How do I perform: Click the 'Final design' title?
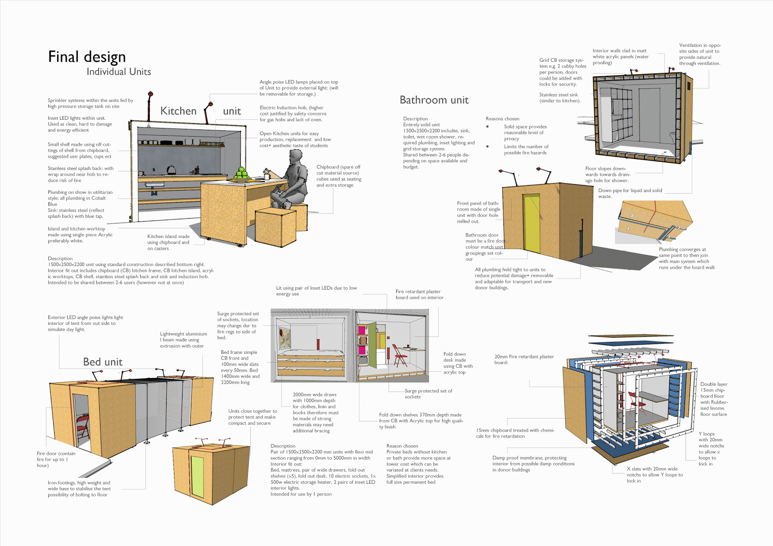point(87,57)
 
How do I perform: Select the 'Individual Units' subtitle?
point(119,72)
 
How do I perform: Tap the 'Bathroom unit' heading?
point(434,100)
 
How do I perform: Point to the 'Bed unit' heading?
point(102,362)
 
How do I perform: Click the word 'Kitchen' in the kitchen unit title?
point(178,111)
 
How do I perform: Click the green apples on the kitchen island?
point(241,174)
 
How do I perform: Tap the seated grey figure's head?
point(296,156)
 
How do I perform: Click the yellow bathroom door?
point(531,223)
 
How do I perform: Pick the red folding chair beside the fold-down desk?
point(400,356)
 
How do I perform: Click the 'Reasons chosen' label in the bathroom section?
point(502,119)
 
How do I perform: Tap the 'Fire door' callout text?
point(56,459)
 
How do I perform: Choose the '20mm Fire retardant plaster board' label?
point(524,359)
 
